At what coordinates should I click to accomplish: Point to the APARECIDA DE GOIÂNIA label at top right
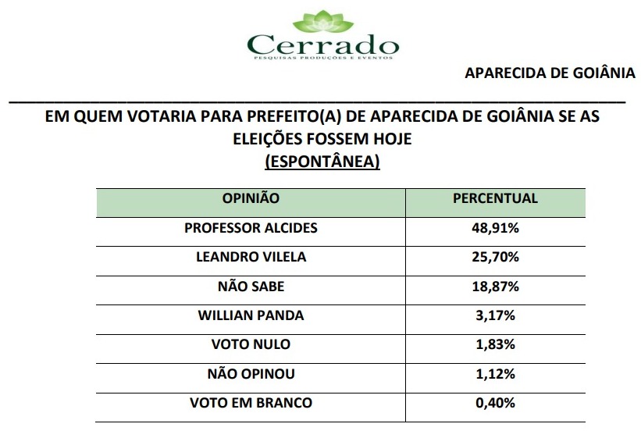pyautogui.click(x=550, y=73)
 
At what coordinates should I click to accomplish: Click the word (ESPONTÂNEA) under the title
pyautogui.click(x=322, y=162)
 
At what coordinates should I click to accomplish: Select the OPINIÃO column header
pyautogui.click(x=251, y=198)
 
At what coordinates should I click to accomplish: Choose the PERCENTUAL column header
pyautogui.click(x=495, y=198)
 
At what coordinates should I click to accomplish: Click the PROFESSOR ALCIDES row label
pyautogui.click(x=251, y=228)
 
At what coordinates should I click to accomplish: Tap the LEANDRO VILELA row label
pyautogui.click(x=251, y=257)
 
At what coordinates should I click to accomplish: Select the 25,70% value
pyautogui.click(x=495, y=257)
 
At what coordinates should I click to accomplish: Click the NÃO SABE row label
pyautogui.click(x=251, y=287)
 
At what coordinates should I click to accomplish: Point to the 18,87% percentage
pyautogui.click(x=495, y=287)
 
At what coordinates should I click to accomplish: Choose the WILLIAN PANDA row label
pyautogui.click(x=251, y=315)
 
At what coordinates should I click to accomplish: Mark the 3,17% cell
pyautogui.click(x=495, y=315)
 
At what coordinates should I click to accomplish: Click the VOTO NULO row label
pyautogui.click(x=251, y=345)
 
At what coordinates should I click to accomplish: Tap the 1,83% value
pyautogui.click(x=495, y=345)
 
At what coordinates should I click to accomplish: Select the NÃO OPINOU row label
pyautogui.click(x=251, y=374)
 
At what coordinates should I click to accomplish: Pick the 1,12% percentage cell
pyautogui.click(x=495, y=374)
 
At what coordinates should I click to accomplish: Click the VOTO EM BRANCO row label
pyautogui.click(x=251, y=403)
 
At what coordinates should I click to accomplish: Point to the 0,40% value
pyautogui.click(x=495, y=403)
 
